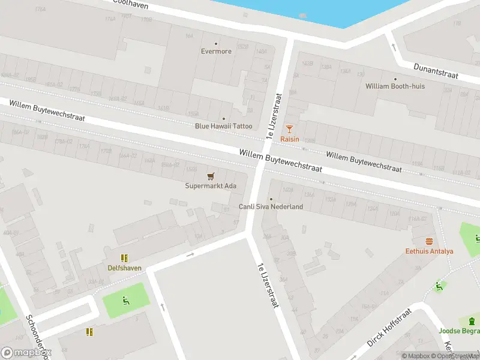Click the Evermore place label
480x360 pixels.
pyautogui.click(x=216, y=52)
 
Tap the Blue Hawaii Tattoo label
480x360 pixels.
pyautogui.click(x=224, y=126)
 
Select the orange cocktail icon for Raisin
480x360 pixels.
pyautogui.click(x=290, y=128)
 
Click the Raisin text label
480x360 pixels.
pyautogui.click(x=290, y=139)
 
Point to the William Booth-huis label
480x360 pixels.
pyautogui.click(x=395, y=86)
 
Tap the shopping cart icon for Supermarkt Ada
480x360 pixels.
pyautogui.click(x=210, y=176)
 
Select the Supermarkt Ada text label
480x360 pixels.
pyautogui.click(x=210, y=186)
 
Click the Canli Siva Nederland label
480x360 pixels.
pyautogui.click(x=271, y=207)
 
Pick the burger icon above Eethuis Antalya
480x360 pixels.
pyautogui.click(x=429, y=241)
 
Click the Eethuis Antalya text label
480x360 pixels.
pyautogui.click(x=429, y=251)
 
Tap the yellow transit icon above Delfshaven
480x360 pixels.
pyautogui.click(x=124, y=258)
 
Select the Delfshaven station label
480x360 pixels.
pyautogui.click(x=125, y=268)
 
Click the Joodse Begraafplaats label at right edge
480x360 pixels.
pyautogui.click(x=460, y=331)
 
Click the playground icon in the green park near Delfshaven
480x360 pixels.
pyautogui.click(x=126, y=301)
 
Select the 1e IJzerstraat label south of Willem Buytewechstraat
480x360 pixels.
pyautogui.click(x=268, y=286)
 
